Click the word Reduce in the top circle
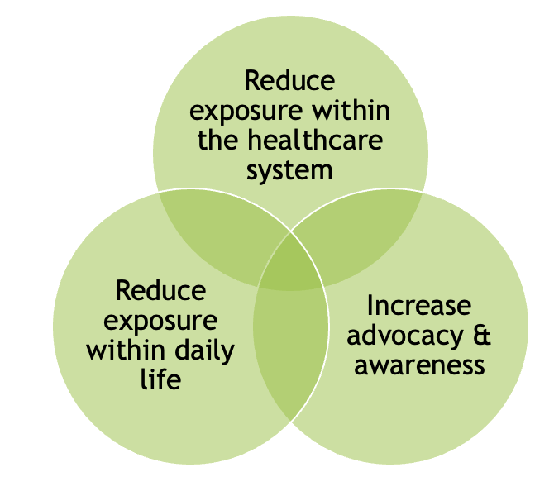(290, 81)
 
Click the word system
(290, 169)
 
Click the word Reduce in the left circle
(161, 291)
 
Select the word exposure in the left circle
(161, 321)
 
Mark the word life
(161, 380)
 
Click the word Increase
(419, 306)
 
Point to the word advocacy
(402, 336)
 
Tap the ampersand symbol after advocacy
(481, 336)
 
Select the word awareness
(419, 365)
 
